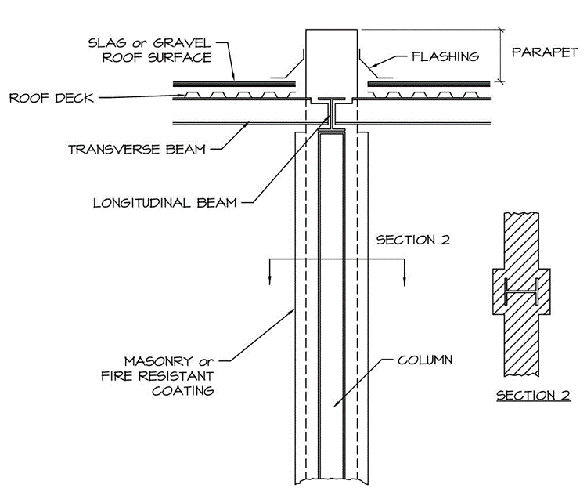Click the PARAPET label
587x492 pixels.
545,53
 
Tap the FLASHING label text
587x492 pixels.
445,56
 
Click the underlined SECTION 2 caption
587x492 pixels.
533,395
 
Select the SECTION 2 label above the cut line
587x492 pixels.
412,240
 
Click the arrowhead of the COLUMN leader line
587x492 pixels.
335,406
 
